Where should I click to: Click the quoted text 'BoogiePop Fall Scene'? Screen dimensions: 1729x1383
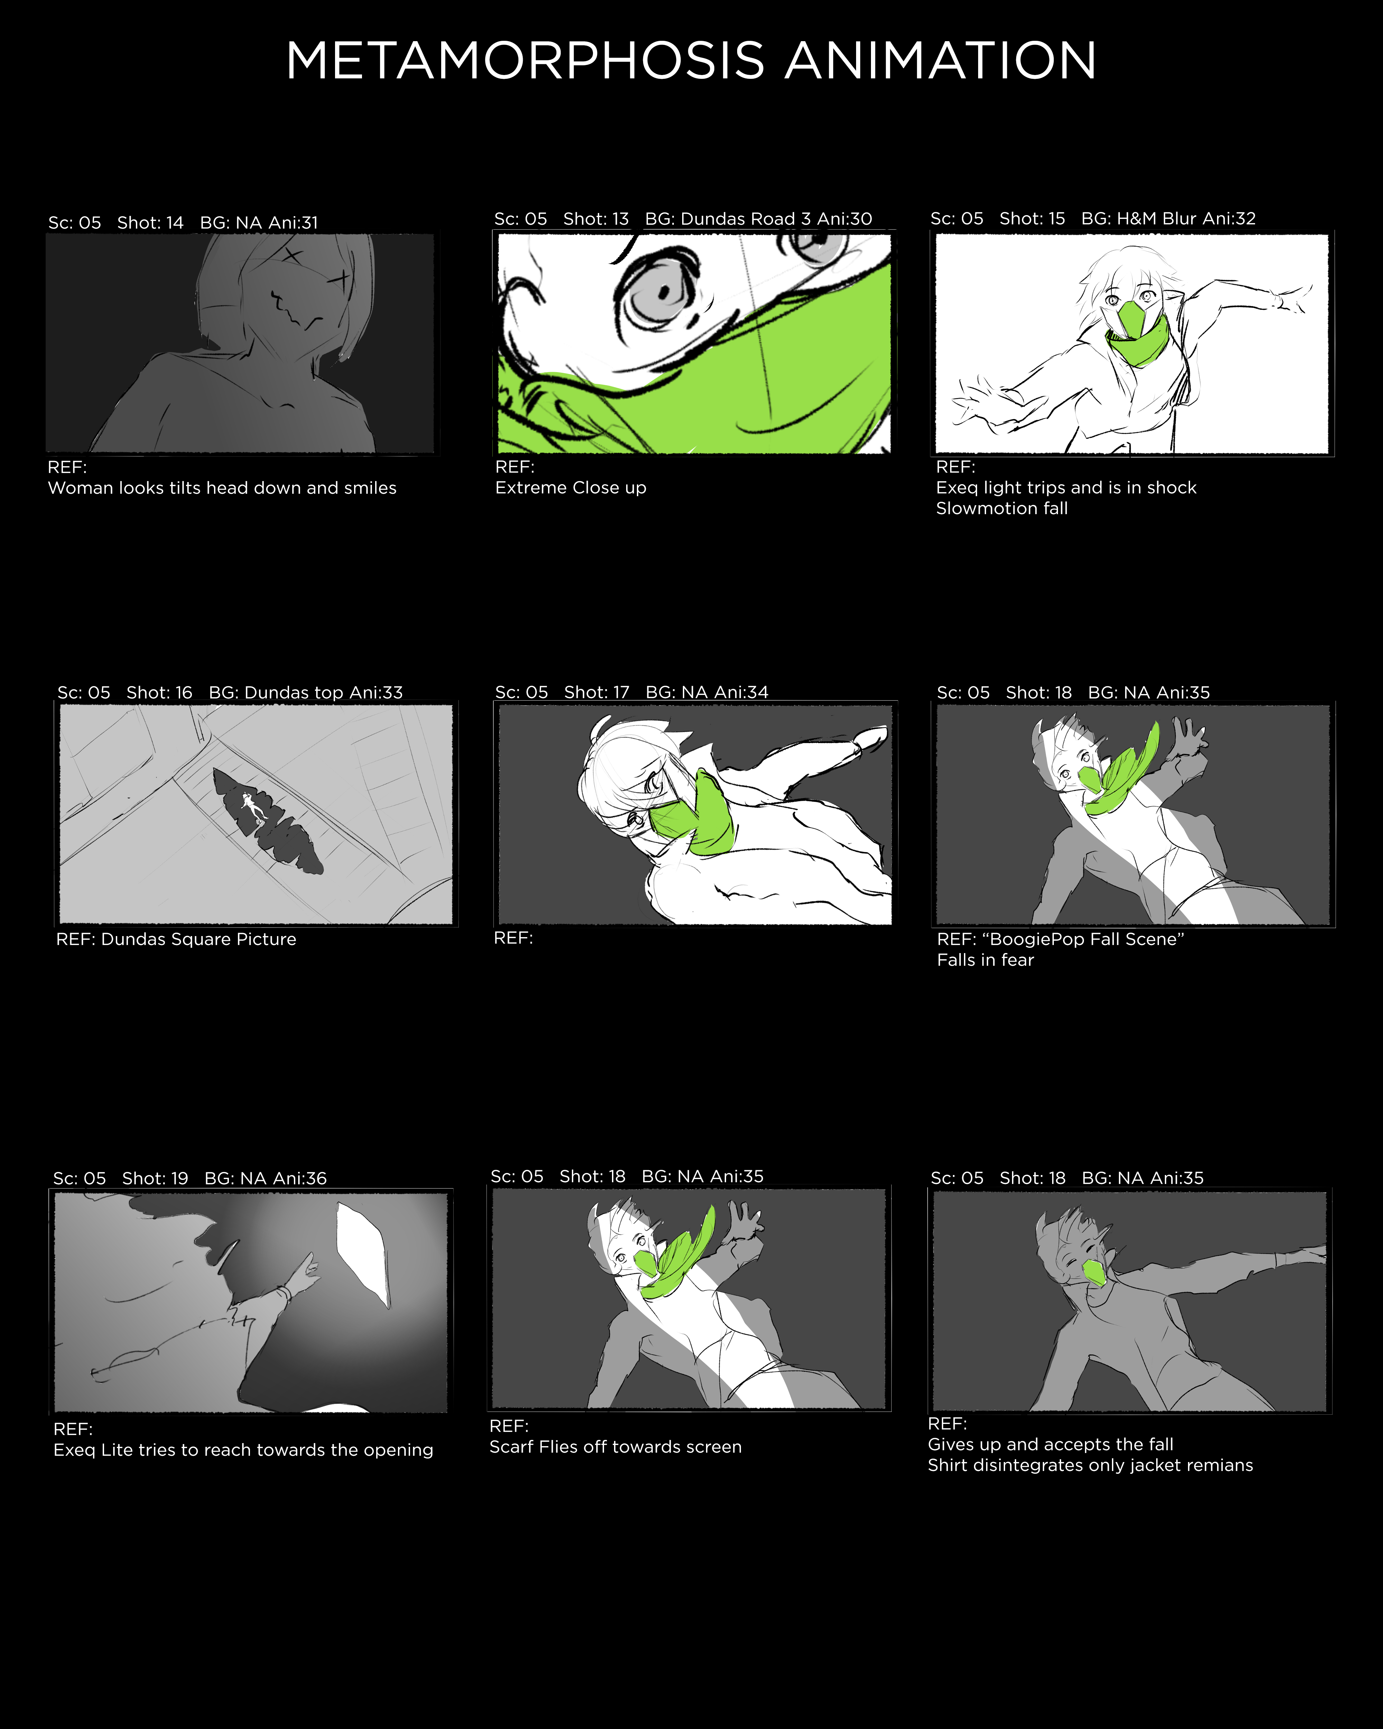[1082, 939]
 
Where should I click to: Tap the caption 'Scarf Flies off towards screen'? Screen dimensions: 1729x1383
[615, 1447]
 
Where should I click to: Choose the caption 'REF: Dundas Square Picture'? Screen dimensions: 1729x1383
[176, 939]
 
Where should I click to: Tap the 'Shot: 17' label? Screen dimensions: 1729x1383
[596, 692]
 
